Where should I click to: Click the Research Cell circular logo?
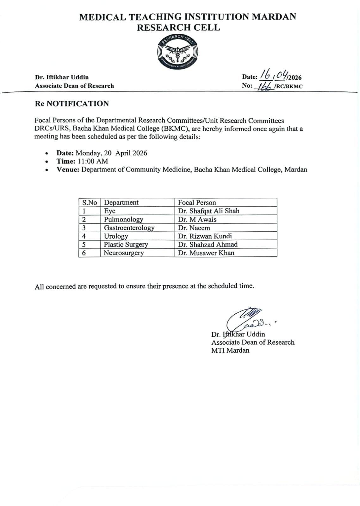(x=178, y=52)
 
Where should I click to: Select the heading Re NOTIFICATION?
(x=72, y=104)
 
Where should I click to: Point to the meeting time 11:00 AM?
(x=93, y=161)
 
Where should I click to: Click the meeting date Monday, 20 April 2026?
(x=111, y=153)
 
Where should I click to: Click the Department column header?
(x=121, y=203)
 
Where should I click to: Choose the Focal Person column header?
(x=197, y=203)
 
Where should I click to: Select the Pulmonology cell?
(x=123, y=219)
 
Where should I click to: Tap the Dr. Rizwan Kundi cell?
(x=205, y=236)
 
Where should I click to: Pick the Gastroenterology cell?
(x=129, y=228)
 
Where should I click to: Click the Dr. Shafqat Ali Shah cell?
(x=208, y=211)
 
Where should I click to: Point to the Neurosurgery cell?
(x=124, y=253)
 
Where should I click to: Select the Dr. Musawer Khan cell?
(x=206, y=253)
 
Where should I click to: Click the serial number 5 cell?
(x=84, y=245)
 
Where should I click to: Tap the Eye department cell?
(x=110, y=211)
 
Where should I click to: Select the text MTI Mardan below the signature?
(x=230, y=350)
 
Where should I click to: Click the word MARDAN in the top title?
(x=274, y=17)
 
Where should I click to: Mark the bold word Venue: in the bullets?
(x=68, y=170)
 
